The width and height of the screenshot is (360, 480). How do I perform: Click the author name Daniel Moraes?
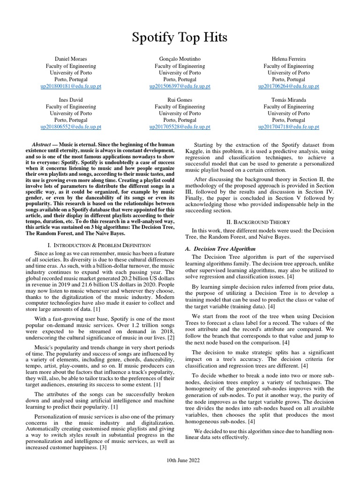[71, 60]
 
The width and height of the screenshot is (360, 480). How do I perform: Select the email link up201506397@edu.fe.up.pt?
[180, 87]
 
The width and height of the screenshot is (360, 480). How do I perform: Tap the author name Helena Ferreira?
[288, 60]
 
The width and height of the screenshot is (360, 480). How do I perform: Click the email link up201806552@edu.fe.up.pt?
[71, 127]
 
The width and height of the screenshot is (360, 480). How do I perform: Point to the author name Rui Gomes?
[180, 100]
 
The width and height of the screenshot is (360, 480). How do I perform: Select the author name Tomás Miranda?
[288, 100]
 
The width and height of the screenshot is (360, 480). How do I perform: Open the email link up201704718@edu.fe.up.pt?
[288, 127]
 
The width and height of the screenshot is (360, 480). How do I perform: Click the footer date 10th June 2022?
[180, 461]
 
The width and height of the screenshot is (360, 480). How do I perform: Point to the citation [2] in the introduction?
[171, 338]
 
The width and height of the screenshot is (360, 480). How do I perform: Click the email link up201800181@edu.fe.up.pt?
[71, 87]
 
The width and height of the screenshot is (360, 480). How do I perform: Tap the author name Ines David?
[71, 100]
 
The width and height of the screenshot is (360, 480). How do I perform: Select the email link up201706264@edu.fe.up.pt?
[288, 87]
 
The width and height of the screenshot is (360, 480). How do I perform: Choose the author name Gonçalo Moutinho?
[180, 60]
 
